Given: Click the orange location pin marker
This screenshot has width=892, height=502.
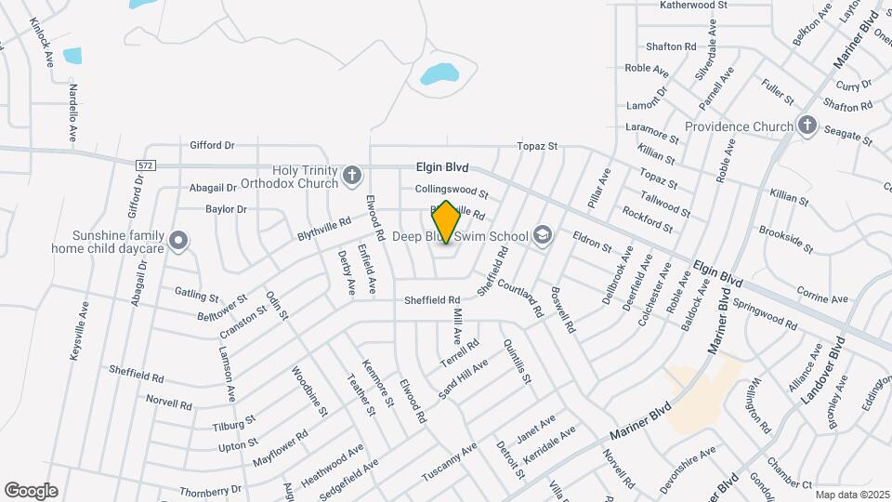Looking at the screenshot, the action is (446, 222).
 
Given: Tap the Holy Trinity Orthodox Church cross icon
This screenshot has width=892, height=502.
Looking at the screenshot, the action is (351, 175).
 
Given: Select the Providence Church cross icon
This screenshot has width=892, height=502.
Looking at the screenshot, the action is (807, 125).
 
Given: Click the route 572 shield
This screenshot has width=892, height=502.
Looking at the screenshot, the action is (144, 165).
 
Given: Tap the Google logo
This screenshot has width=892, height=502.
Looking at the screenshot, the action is (31, 491).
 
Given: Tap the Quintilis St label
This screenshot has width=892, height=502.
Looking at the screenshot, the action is (517, 363).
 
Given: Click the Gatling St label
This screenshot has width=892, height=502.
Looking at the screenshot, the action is (196, 295).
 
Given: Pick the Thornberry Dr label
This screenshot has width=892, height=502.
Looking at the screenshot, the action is (211, 489).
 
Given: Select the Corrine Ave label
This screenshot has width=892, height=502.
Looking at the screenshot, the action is (822, 299).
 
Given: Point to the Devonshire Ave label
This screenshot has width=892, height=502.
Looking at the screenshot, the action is (689, 463).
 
